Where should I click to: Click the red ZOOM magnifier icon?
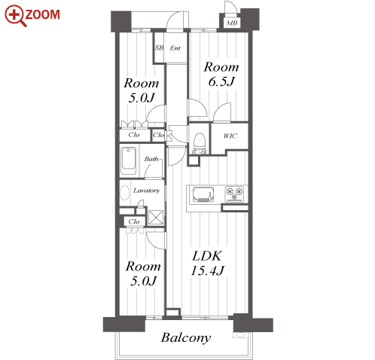pos(16,16)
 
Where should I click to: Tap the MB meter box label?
pos(232,23)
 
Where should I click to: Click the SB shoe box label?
pos(159,47)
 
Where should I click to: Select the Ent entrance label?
pos(175,47)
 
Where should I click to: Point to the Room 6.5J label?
pos(221,74)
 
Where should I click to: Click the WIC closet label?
pos(230,136)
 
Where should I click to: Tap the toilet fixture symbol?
pos(200,143)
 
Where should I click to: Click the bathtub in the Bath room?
pos(129,160)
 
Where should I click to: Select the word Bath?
pos(151,159)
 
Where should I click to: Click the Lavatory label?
pos(146,191)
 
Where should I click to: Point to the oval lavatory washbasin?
pos(125,193)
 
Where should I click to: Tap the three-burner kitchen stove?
pos(234,194)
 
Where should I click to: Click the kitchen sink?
pos(203,194)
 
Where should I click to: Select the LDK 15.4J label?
pos(207,264)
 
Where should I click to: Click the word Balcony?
pos(186,338)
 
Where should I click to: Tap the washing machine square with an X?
pos(156,217)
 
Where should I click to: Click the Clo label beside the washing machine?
pos(134,221)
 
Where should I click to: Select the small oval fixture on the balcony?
pos(239,335)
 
